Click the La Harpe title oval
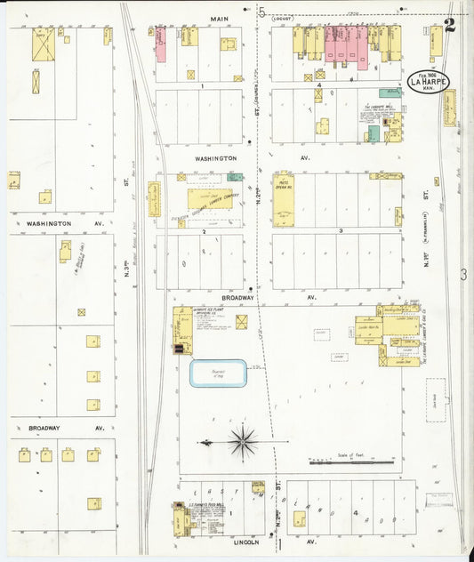[x=428, y=83]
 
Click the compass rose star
[x=242, y=439]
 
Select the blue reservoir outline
[x=218, y=373]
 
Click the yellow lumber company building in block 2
[x=210, y=198]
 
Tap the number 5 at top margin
[x=262, y=12]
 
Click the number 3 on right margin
[x=462, y=275]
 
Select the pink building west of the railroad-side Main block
[x=161, y=44]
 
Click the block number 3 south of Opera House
[x=340, y=230]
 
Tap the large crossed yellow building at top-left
[x=43, y=44]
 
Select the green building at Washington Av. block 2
[x=236, y=176]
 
